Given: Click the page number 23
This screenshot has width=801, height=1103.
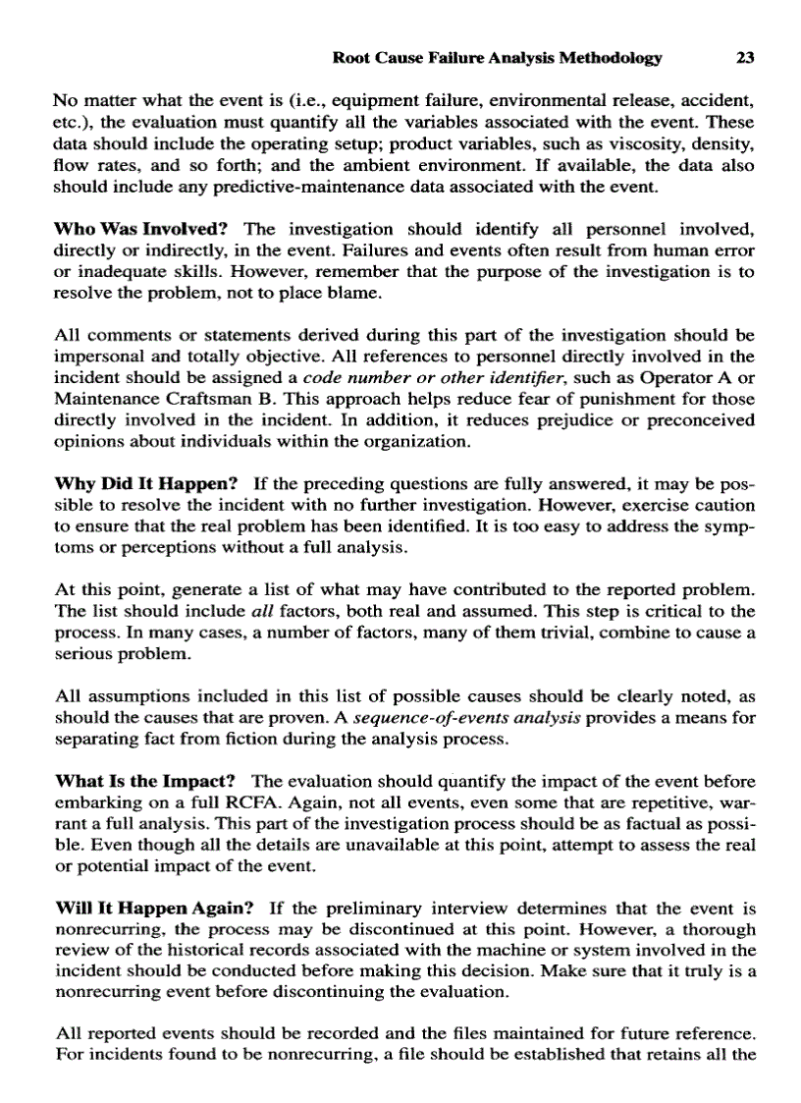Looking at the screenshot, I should click(744, 58).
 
